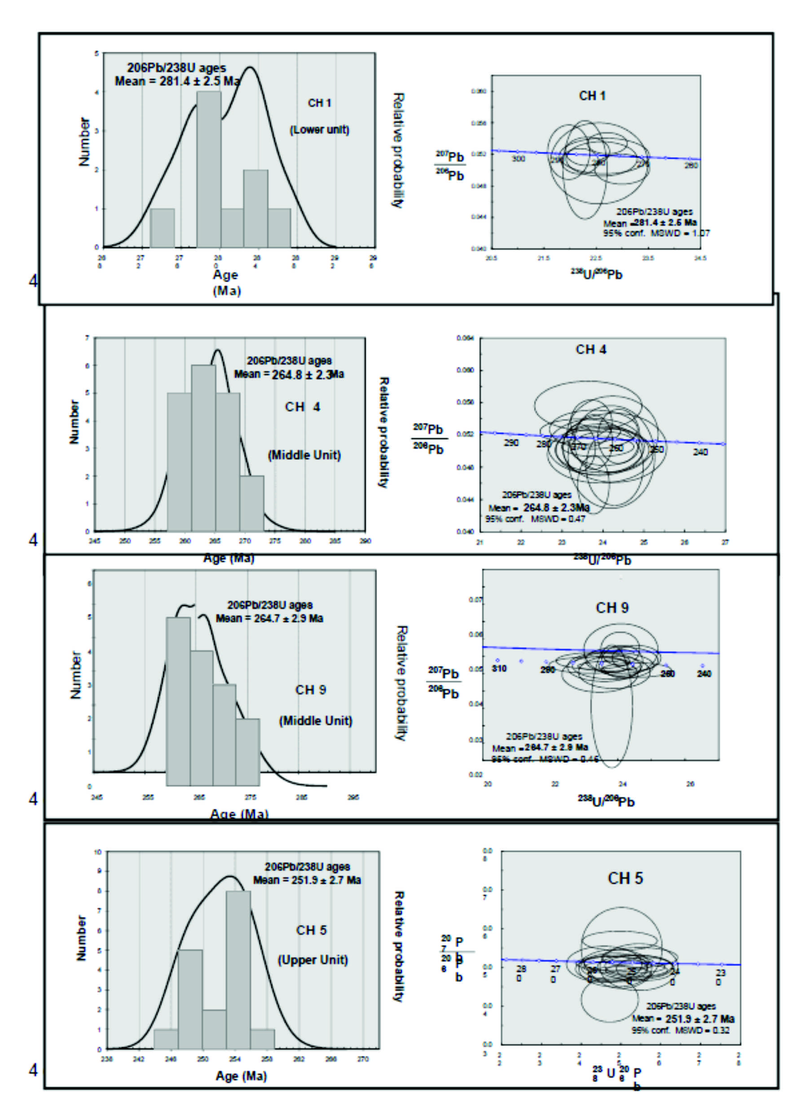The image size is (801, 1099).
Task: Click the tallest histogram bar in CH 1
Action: tap(208, 170)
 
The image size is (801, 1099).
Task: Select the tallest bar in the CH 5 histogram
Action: tap(238, 969)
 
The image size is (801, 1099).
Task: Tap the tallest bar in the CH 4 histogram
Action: tap(204, 448)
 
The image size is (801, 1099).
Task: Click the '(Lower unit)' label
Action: tap(320, 130)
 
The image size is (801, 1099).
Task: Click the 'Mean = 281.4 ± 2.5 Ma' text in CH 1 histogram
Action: tap(177, 81)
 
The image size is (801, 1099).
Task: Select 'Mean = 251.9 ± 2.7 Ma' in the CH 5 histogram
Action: tap(307, 880)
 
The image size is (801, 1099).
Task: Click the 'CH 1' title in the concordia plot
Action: tap(592, 96)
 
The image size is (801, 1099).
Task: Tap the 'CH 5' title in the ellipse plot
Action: tap(625, 879)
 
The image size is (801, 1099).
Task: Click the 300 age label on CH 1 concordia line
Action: tap(518, 159)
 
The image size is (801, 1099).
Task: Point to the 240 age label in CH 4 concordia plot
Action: tap(700, 452)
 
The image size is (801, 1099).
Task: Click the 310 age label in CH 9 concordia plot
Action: tap(499, 668)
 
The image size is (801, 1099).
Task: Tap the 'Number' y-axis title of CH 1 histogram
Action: tap(84, 141)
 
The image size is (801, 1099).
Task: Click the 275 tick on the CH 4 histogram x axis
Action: tap(275, 541)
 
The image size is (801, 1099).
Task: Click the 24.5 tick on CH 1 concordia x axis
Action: tap(700, 259)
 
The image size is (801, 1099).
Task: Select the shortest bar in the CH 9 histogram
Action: tap(248, 752)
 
